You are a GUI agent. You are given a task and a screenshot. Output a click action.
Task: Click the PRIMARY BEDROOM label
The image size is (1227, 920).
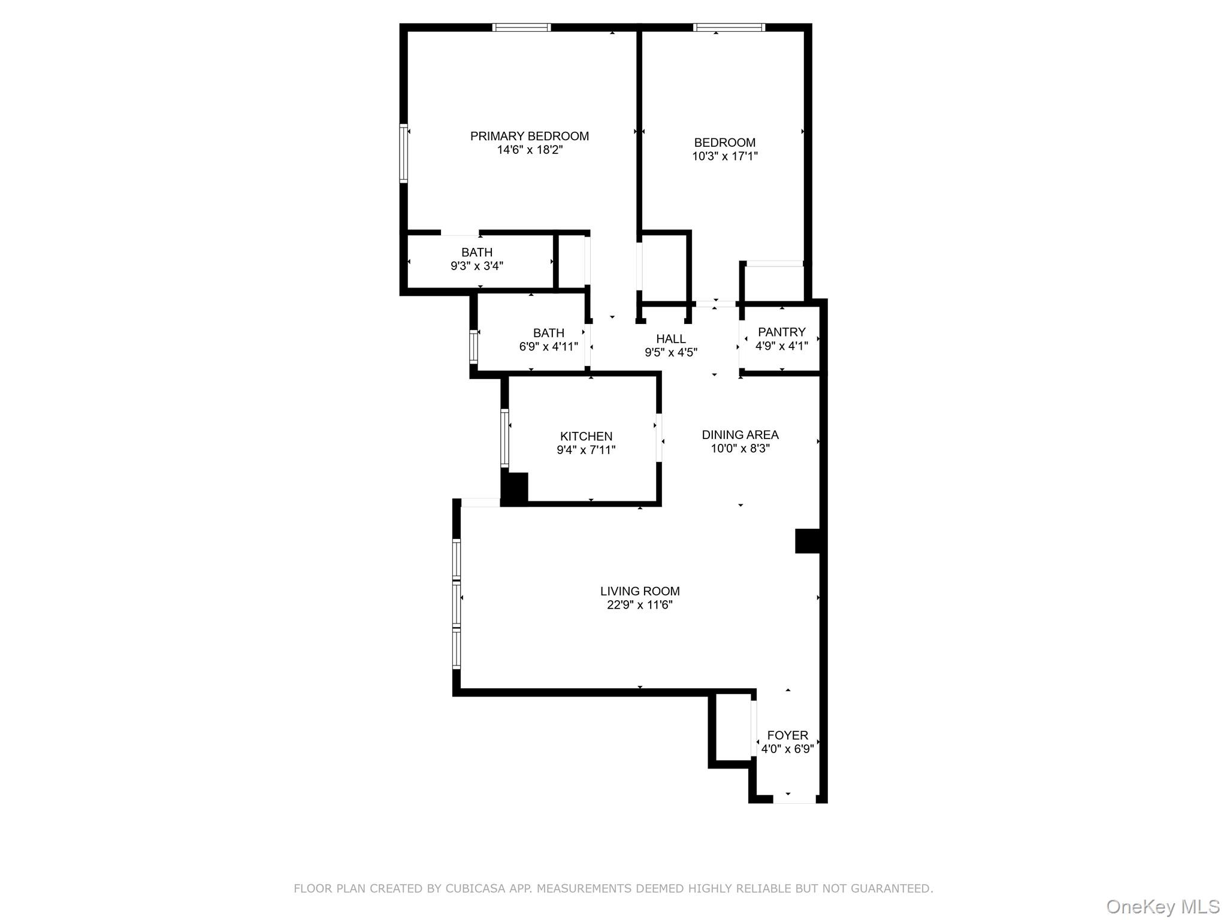[x=529, y=137]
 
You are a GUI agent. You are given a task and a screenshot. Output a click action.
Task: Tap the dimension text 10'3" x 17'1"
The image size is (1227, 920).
[x=725, y=156]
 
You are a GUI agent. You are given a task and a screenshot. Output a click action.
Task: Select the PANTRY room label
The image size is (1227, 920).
[x=781, y=332]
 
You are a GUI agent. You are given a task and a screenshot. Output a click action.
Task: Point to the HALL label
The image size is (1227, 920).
[x=670, y=339]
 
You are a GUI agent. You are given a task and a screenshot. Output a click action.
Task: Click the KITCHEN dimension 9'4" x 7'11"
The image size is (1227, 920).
[x=586, y=450]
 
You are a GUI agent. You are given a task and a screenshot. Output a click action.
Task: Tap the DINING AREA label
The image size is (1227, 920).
[x=740, y=435]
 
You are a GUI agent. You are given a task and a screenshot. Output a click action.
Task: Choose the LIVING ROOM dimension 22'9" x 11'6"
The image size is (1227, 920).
[x=639, y=605]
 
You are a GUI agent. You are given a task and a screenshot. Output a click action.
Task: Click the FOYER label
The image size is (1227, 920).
[x=787, y=735]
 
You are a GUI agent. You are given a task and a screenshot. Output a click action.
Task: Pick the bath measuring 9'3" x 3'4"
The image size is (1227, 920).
[x=477, y=259]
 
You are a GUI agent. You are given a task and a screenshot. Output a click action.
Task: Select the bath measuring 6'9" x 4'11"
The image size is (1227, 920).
[x=548, y=340]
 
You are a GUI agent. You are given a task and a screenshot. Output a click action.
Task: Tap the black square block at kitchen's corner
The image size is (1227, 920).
[x=514, y=488]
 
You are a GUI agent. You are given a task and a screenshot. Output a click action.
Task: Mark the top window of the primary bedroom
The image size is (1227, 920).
[x=521, y=28]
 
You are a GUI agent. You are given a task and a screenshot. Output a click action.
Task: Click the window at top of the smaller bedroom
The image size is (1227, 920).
[x=729, y=28]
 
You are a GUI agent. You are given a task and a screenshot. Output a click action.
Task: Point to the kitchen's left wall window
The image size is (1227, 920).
[x=504, y=438]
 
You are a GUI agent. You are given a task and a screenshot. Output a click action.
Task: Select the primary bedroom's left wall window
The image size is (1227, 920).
[x=404, y=153]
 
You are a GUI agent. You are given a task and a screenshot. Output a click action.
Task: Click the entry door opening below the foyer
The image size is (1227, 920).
[x=794, y=799]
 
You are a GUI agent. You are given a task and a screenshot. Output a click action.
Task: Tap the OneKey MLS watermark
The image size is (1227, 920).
[x=1162, y=906]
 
